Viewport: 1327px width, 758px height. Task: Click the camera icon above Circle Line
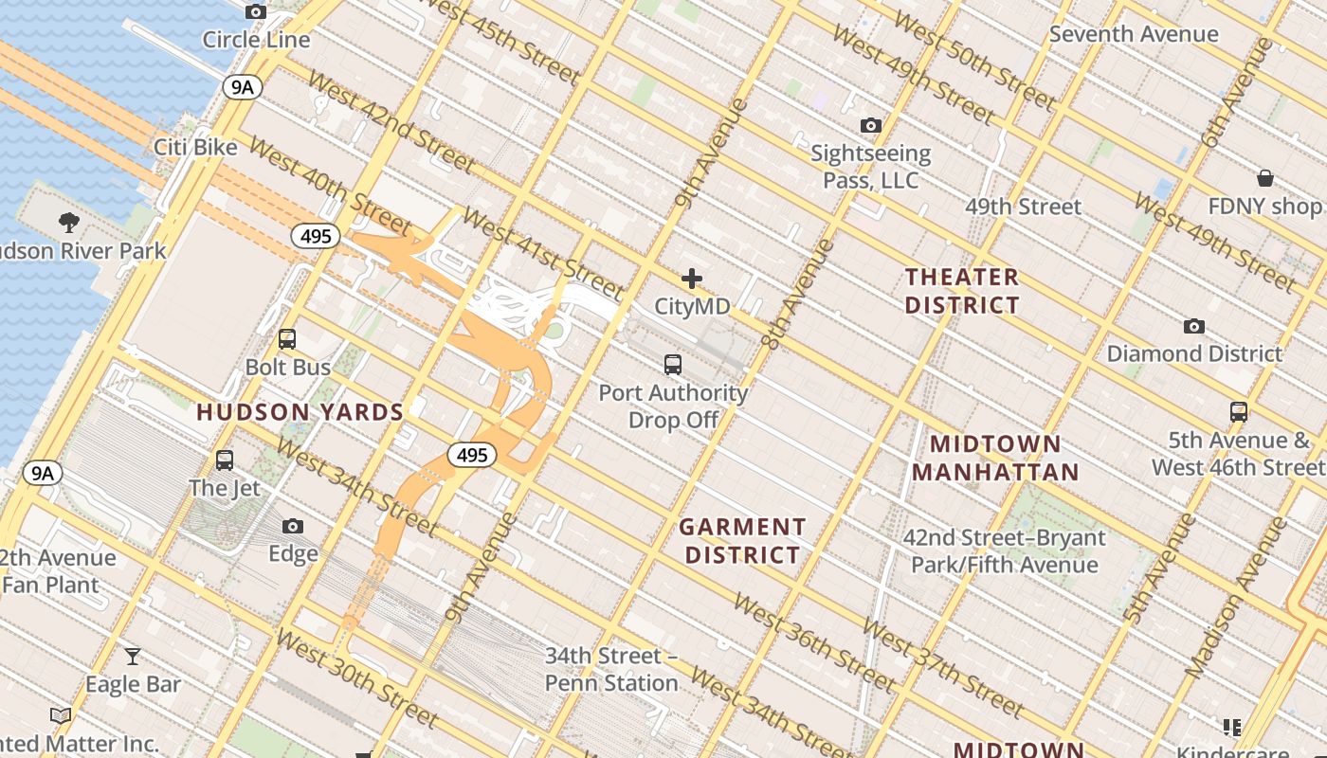pos(256,12)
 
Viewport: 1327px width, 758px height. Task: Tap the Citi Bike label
pos(195,147)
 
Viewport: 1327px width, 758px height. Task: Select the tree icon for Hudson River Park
pos(68,223)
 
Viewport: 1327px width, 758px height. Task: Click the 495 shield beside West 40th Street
pos(315,236)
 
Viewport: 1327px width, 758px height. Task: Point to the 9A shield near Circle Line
pos(243,87)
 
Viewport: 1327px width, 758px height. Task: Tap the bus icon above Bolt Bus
pos(287,339)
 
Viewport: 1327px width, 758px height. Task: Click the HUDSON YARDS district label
pos(300,412)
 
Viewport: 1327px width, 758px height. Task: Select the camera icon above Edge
pos(293,526)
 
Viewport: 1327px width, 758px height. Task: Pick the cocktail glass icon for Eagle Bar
pos(133,656)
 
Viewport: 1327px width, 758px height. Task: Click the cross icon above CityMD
pos(692,279)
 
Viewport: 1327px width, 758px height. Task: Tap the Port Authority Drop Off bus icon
pos(673,364)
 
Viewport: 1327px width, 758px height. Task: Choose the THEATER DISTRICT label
pos(962,291)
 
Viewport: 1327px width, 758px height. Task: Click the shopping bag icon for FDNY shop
pos(1264,178)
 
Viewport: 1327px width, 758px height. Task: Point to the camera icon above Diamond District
pos(1194,326)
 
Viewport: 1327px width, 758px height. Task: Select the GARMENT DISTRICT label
pos(743,541)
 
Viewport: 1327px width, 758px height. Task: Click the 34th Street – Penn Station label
pos(611,669)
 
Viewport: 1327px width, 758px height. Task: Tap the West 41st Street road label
pos(543,253)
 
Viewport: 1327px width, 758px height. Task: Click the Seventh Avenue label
pos(1134,34)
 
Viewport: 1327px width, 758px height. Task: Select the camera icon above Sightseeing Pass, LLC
pos(870,125)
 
